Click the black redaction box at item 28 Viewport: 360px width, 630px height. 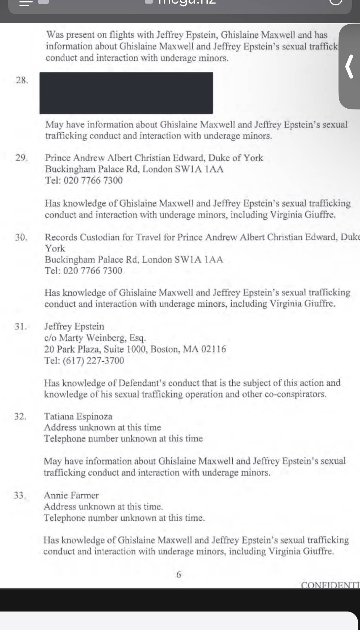(126, 93)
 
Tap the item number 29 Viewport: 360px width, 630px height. (21, 157)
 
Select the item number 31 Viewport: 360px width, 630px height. (21, 326)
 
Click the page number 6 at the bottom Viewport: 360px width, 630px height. (179, 574)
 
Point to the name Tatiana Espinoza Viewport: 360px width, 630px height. (78, 416)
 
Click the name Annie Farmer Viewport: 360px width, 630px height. (71, 495)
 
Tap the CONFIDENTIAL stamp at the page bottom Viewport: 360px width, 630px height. (330, 585)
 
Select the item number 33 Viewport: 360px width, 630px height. (20, 495)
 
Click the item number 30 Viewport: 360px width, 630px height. (21, 237)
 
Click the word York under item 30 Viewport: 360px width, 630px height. (55, 248)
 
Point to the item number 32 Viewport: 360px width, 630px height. (20, 416)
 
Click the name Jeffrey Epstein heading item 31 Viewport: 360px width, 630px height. (74, 326)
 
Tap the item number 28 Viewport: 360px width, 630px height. (22, 80)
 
